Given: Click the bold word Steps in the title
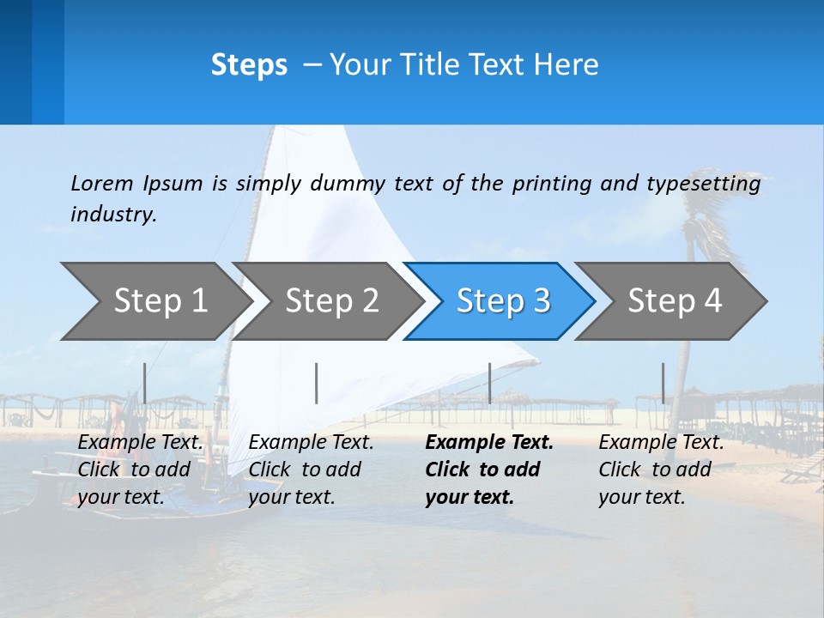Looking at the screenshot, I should [x=249, y=65].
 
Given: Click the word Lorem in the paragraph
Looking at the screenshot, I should [x=102, y=183].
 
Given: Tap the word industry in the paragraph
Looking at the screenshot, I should [x=112, y=214].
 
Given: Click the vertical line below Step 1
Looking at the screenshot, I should [x=145, y=383].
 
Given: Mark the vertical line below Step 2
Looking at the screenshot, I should [x=317, y=383].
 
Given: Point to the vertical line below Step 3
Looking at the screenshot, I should [x=490, y=383].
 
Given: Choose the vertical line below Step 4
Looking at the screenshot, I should [x=663, y=383].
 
